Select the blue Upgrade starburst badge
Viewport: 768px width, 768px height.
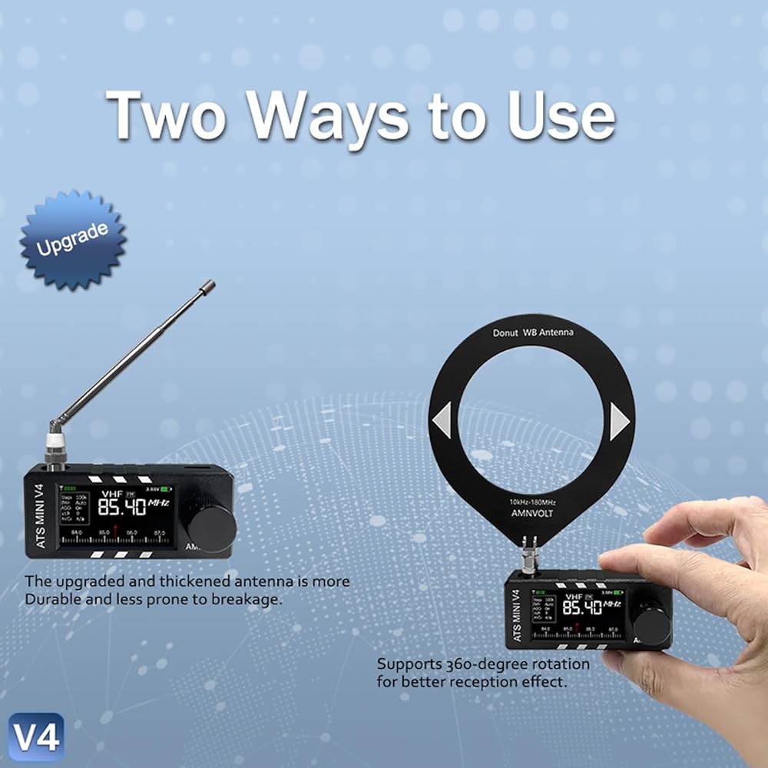(73, 240)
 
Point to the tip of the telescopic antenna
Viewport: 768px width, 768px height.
(207, 286)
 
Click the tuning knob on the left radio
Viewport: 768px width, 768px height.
(212, 528)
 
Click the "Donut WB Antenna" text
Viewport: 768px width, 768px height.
(532, 333)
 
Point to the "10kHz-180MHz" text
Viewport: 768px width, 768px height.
(532, 502)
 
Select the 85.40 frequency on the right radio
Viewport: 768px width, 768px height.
(581, 608)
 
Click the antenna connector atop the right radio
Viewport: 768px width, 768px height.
(528, 559)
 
